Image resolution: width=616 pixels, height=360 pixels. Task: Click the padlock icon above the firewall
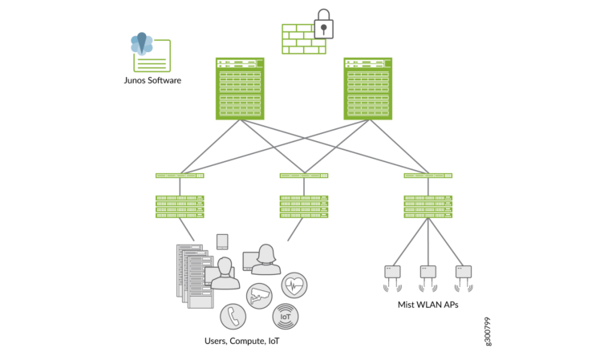(x=322, y=24)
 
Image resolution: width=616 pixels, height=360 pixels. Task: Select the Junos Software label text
(x=152, y=81)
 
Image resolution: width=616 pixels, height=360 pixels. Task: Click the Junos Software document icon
(x=150, y=53)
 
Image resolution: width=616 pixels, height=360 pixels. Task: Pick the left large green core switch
(x=240, y=88)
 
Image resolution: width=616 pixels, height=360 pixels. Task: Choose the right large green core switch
(x=368, y=88)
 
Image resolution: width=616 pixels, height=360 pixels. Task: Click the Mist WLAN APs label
(x=428, y=305)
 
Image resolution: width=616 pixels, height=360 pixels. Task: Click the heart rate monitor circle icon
(x=294, y=285)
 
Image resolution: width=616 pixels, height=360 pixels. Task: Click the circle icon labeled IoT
(x=285, y=317)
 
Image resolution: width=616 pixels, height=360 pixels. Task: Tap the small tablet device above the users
(x=222, y=241)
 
